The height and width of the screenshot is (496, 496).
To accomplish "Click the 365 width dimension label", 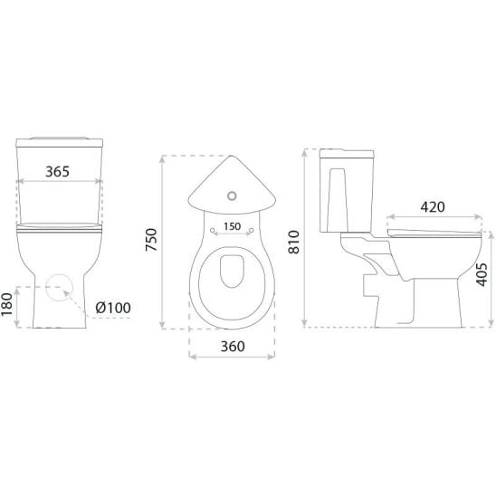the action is pos(57,172).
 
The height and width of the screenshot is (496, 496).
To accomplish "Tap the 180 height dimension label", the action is pos(7,304).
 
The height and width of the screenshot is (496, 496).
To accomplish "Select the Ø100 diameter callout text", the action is pos(113,308).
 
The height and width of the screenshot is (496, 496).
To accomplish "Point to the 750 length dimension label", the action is pos(151,240).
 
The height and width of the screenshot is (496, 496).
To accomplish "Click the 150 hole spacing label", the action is pos(233,226).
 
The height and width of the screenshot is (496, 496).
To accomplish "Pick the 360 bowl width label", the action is pos(233,347).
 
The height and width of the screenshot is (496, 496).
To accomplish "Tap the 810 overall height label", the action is pos(294,242).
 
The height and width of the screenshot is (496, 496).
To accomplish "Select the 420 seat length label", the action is pos(433,207).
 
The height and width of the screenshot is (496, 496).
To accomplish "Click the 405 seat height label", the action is pos(482,274).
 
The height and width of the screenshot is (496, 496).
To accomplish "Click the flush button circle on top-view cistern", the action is pos(232,196).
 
